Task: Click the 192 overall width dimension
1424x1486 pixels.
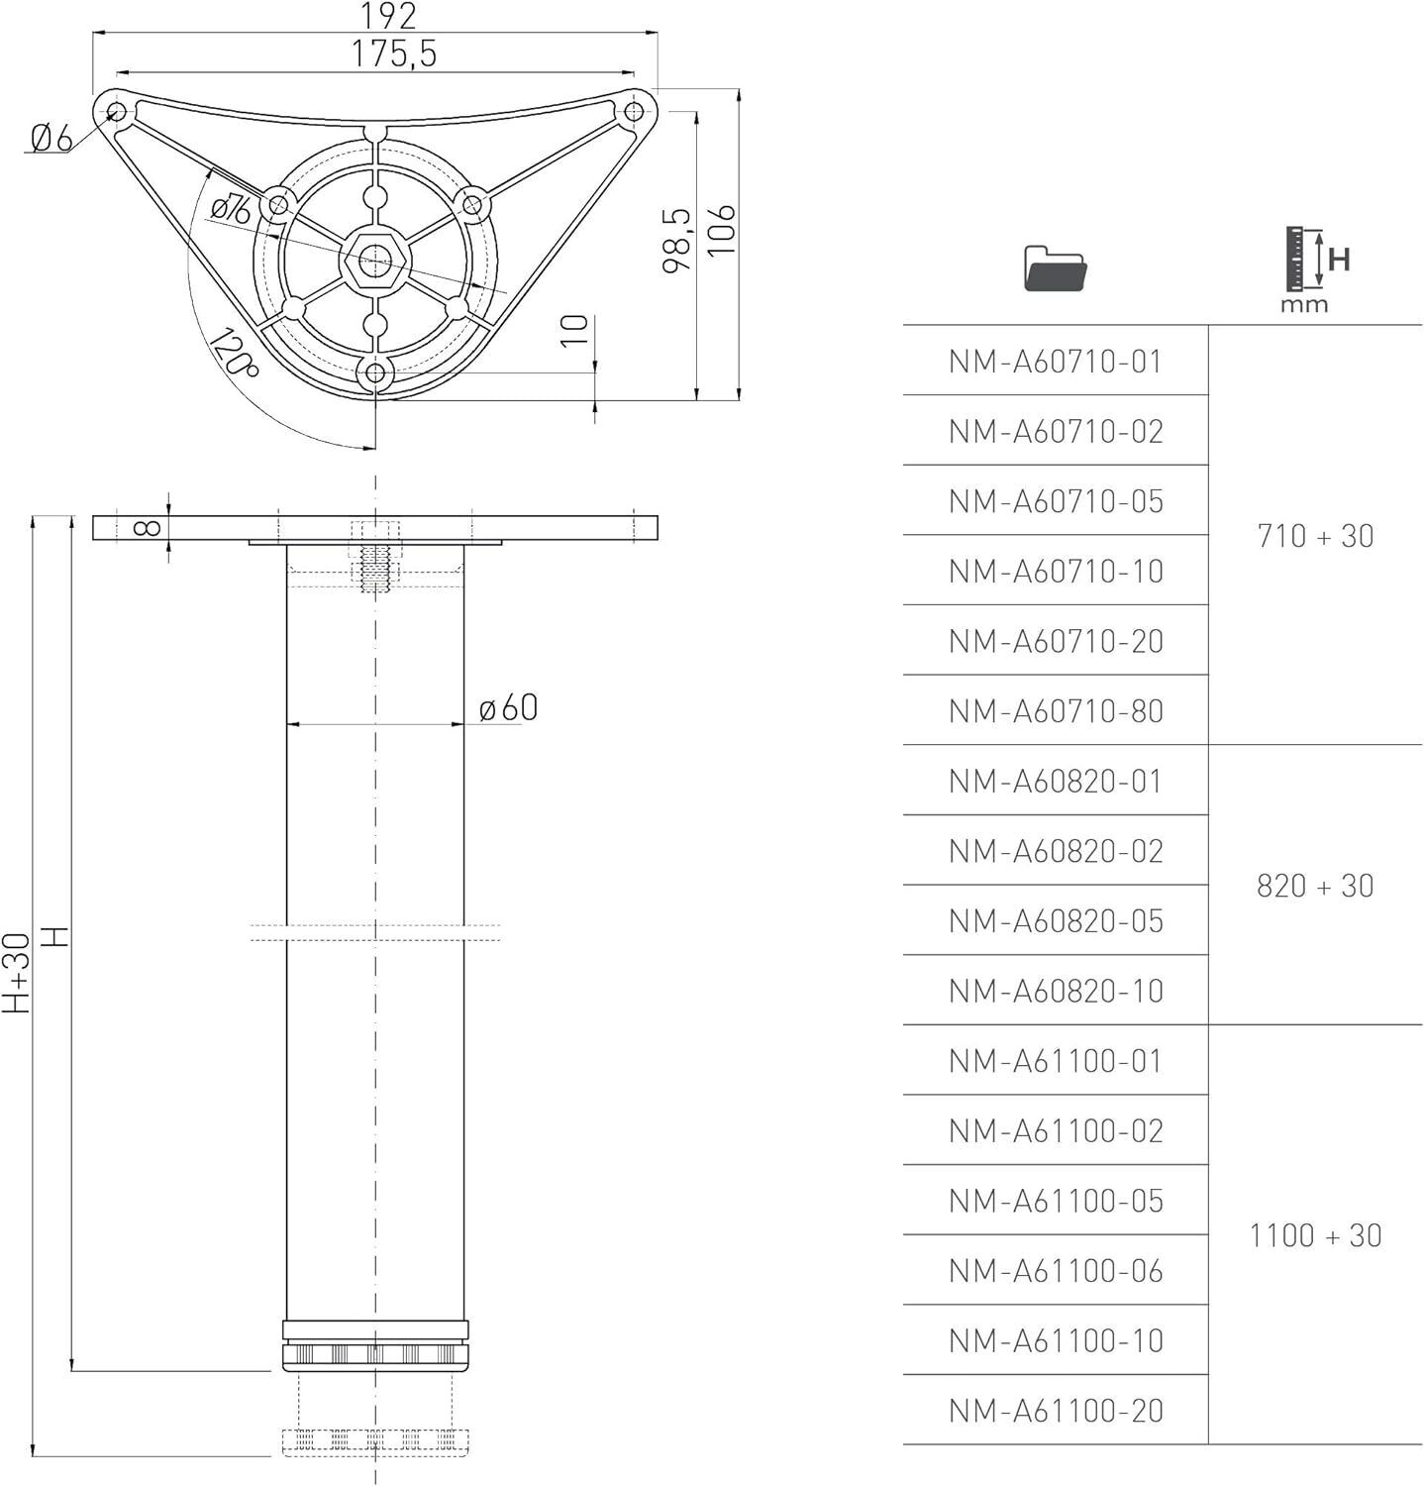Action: [387, 16]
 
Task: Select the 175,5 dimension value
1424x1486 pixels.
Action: [393, 53]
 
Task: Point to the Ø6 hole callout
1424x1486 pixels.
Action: [51, 138]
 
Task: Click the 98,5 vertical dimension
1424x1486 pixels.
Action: [676, 240]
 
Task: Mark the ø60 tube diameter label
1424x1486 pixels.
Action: [508, 708]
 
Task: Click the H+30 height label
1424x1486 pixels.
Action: [17, 973]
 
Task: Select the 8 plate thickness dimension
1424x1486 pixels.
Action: [148, 527]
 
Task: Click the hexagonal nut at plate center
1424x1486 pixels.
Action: [374, 262]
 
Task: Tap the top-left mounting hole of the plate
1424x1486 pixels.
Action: [116, 110]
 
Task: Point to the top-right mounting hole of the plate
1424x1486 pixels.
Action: [633, 112]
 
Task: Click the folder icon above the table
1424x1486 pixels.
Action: [1055, 268]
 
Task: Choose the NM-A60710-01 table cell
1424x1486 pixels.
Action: [1055, 362]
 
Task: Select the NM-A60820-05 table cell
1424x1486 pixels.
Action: [1055, 921]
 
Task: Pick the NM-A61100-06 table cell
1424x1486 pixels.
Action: [1055, 1271]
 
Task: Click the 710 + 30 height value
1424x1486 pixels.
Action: [1315, 536]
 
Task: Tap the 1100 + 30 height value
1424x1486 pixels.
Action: [1315, 1235]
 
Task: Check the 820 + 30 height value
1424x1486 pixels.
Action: [1315, 886]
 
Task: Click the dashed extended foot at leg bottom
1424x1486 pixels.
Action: [374, 1442]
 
